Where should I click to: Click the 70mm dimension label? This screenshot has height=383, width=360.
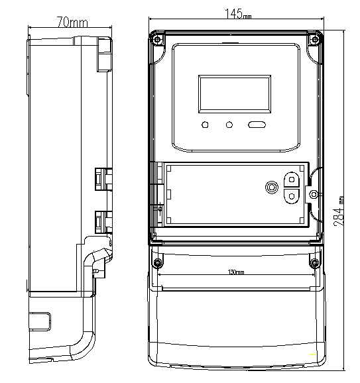click(72, 23)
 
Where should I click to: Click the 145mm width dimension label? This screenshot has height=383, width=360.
click(238, 14)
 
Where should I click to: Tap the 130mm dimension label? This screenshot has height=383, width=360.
click(236, 272)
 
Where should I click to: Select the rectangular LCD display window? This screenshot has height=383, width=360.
click(235, 94)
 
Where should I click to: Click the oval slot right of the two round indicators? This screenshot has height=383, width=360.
click(257, 125)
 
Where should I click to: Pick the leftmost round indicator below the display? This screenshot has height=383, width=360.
click(205, 125)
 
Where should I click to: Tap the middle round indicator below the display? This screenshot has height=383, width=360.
click(229, 125)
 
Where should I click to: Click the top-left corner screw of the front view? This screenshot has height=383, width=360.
click(157, 39)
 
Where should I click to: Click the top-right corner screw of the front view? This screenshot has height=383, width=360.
click(315, 39)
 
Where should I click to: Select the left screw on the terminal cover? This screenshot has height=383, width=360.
click(158, 263)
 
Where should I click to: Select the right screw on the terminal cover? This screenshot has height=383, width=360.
click(314, 263)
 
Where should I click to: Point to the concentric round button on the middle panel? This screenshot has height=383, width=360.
click(272, 188)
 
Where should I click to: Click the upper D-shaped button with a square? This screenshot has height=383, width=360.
click(292, 180)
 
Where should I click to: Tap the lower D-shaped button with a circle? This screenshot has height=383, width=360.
click(292, 196)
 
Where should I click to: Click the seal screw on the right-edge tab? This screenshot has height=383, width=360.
click(314, 194)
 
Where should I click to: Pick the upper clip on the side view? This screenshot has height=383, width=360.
click(103, 179)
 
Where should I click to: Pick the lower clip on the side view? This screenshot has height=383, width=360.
click(103, 222)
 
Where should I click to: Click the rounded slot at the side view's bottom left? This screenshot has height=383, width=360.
click(40, 321)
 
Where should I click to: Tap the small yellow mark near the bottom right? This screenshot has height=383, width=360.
click(312, 355)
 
